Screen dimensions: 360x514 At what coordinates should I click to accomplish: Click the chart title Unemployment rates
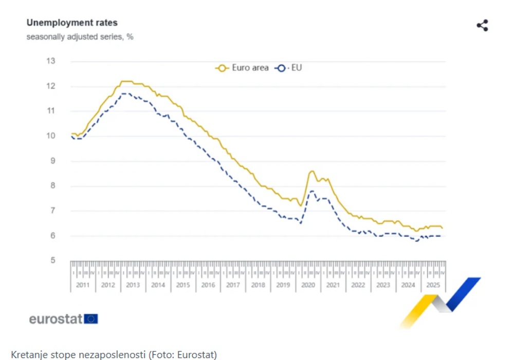click(72, 23)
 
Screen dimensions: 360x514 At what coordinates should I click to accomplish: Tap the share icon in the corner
click(482, 26)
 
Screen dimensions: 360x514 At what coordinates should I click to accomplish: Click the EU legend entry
click(289, 68)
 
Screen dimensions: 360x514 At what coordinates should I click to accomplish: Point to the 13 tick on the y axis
click(51, 61)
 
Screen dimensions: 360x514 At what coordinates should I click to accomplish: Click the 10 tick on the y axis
click(51, 136)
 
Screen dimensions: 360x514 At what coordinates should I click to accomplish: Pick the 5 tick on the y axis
click(52, 261)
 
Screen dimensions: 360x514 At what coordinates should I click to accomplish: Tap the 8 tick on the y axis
click(52, 186)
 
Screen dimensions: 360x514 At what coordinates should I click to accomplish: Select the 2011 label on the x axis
click(82, 285)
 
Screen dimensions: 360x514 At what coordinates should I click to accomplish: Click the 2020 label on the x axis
click(308, 285)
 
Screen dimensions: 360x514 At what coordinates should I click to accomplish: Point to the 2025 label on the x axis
click(433, 285)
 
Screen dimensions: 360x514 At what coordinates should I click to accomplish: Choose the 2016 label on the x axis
click(208, 285)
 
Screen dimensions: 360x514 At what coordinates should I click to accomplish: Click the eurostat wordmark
click(56, 319)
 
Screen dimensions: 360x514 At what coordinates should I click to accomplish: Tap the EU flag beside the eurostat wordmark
click(91, 319)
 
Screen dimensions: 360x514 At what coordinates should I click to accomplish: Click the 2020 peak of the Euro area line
click(311, 172)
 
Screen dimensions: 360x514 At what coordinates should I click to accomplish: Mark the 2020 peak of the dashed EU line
click(311, 191)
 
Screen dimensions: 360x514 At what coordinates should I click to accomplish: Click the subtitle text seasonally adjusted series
click(80, 37)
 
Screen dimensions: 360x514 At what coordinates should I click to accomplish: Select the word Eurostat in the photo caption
click(196, 355)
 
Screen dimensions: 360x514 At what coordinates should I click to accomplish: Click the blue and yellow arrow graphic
click(441, 302)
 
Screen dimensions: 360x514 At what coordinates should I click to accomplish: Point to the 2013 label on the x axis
click(133, 285)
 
